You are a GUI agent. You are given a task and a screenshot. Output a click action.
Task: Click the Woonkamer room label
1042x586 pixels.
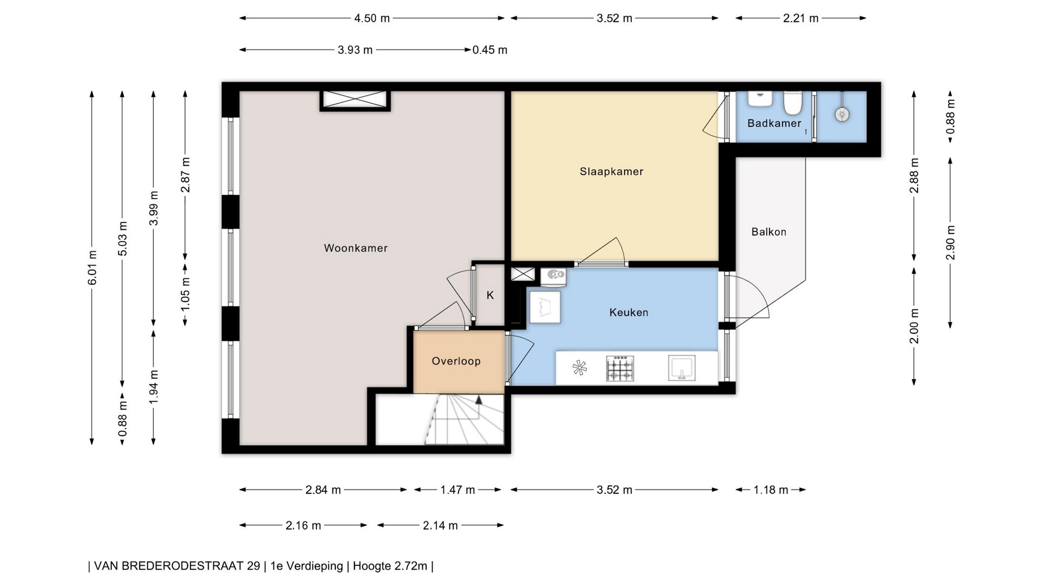pos(355,248)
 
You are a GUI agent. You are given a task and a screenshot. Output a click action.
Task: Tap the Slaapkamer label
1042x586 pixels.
pos(611,171)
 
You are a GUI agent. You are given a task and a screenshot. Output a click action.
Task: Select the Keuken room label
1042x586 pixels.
pos(628,312)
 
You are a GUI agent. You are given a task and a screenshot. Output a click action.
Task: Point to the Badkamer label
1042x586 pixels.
pos(774,123)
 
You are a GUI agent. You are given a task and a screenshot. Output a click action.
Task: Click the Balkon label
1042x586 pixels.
pos(768,232)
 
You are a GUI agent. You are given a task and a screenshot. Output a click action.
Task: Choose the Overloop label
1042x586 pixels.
pos(456,361)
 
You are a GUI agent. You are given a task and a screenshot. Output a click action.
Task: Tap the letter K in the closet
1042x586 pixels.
pos(490,295)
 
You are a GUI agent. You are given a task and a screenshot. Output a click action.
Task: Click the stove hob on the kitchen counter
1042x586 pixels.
pos(620,368)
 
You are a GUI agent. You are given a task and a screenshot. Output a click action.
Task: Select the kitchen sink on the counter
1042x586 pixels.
pos(682,368)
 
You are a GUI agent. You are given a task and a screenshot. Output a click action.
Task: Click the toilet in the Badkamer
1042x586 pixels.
pos(793,103)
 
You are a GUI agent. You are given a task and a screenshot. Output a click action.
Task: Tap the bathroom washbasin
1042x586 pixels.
pos(760,99)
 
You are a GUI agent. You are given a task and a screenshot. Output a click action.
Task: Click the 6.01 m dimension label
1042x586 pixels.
pos(92,267)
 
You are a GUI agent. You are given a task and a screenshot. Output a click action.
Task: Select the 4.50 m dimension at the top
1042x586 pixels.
pos(372,18)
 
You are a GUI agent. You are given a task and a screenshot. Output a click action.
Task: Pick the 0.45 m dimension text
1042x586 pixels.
pos(490,50)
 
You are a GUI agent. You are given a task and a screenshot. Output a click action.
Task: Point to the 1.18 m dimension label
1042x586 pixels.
pos(771,490)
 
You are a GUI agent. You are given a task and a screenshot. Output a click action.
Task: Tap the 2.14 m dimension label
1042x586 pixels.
pos(440,525)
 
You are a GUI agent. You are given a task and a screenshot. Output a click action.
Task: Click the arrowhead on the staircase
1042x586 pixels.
pos(479,400)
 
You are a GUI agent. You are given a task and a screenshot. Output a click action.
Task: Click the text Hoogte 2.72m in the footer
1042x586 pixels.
pos(390,566)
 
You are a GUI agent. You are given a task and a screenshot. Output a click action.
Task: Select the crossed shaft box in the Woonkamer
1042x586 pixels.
pos(355,100)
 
